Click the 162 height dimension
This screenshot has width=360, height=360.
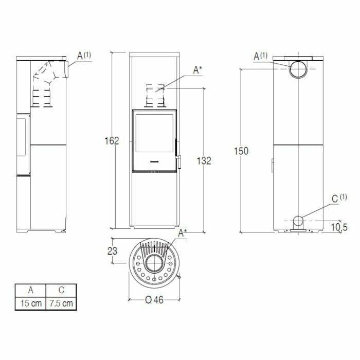pos(111,141)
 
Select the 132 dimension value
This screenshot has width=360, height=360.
pos(204,160)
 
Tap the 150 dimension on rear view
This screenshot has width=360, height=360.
pos(241,151)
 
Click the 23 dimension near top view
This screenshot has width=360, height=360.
pos(113,251)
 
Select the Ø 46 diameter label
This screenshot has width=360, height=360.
pos(154,300)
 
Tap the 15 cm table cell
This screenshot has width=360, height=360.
pos(30,303)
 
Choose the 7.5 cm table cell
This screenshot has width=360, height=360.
pos(61,303)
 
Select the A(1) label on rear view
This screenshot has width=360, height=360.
pos(261,56)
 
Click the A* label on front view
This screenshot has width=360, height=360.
pos(197,70)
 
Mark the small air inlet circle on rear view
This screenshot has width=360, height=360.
pos(298,222)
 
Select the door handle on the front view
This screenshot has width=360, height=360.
pos(179,160)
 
